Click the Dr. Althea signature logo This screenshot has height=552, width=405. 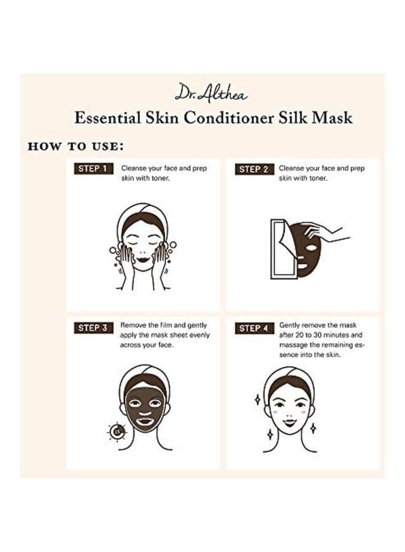(211, 93)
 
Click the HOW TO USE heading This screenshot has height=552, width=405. (75, 146)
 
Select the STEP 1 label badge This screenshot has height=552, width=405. (93, 169)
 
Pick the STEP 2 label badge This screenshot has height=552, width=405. (254, 169)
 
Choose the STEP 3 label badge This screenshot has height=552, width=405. (93, 328)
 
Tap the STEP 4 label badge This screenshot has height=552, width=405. (254, 329)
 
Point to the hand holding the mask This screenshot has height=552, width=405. (326, 232)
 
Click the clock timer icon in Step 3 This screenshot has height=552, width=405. (117, 431)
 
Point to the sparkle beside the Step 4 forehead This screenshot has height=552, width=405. (258, 399)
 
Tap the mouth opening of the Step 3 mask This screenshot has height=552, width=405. (144, 420)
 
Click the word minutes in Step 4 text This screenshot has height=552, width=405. (337, 335)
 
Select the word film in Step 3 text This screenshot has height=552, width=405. (165, 325)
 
